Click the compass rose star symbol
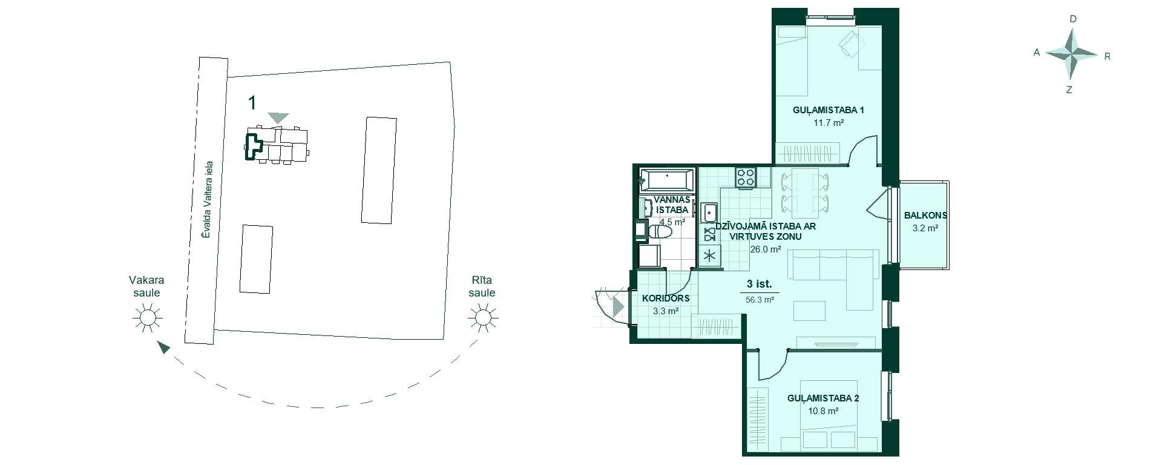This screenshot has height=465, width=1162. coord(1072,55)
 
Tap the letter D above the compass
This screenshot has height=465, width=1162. coord(1073,19)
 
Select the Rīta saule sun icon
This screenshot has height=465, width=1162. coord(482,317)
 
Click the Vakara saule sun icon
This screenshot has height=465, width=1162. coord(147,317)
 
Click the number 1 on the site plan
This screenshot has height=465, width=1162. coord(252,103)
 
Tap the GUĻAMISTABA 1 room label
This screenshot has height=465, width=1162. coord(828,110)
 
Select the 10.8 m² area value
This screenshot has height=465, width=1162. coord(823,411)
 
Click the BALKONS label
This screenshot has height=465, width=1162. coord(925,215)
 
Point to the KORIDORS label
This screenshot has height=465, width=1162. coord(666,298)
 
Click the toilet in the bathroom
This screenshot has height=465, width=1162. coord(659,232)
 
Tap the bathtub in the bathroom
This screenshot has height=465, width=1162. coord(666,180)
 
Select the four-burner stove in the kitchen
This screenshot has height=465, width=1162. coord(746,177)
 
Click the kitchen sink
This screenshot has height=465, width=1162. coord(709,213)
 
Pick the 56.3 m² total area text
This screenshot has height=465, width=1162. coord(760,299)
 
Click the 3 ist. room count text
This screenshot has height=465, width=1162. coord(760,284)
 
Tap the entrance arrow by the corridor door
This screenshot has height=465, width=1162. coord(618,307)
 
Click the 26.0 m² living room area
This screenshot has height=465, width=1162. coord(765,249)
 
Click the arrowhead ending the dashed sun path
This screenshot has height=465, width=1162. coord(163,347)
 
